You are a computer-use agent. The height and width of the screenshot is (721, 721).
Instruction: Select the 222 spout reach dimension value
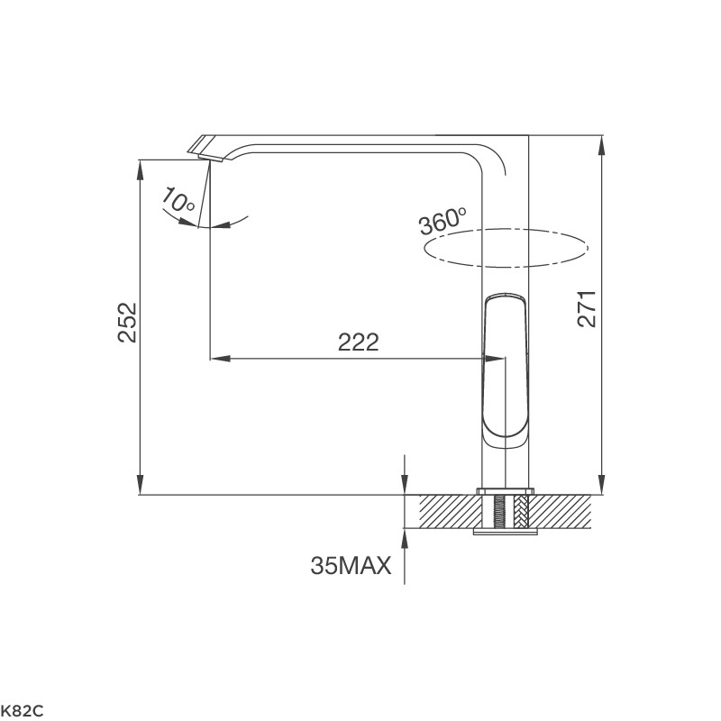click(x=358, y=342)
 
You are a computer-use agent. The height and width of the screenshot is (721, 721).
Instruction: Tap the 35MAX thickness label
click(x=351, y=566)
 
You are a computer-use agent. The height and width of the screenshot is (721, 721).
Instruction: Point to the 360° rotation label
click(x=443, y=221)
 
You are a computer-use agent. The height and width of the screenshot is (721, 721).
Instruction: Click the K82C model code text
click(x=22, y=711)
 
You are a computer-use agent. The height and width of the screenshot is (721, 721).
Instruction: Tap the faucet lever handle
click(x=505, y=370)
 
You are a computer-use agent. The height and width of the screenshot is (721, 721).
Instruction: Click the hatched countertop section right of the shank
click(x=563, y=511)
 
